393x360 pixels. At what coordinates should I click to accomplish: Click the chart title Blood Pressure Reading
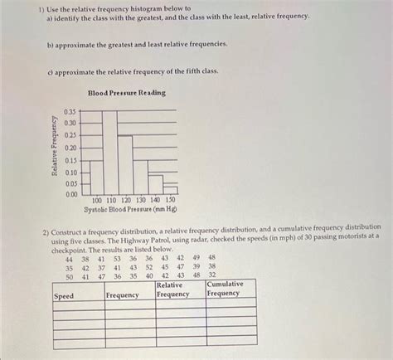[x=126, y=93]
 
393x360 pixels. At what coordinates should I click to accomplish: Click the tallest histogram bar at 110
[x=110, y=153]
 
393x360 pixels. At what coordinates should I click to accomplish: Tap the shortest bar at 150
[x=170, y=192]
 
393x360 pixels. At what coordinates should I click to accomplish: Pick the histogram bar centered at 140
[x=155, y=184]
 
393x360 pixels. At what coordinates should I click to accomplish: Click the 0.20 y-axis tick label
[x=70, y=147]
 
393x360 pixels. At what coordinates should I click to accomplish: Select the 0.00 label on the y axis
[x=70, y=194]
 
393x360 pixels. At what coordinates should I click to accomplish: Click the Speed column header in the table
[x=64, y=295]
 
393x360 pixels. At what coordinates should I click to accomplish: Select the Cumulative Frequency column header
[x=225, y=289]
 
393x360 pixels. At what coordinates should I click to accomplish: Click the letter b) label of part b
[x=49, y=42]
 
